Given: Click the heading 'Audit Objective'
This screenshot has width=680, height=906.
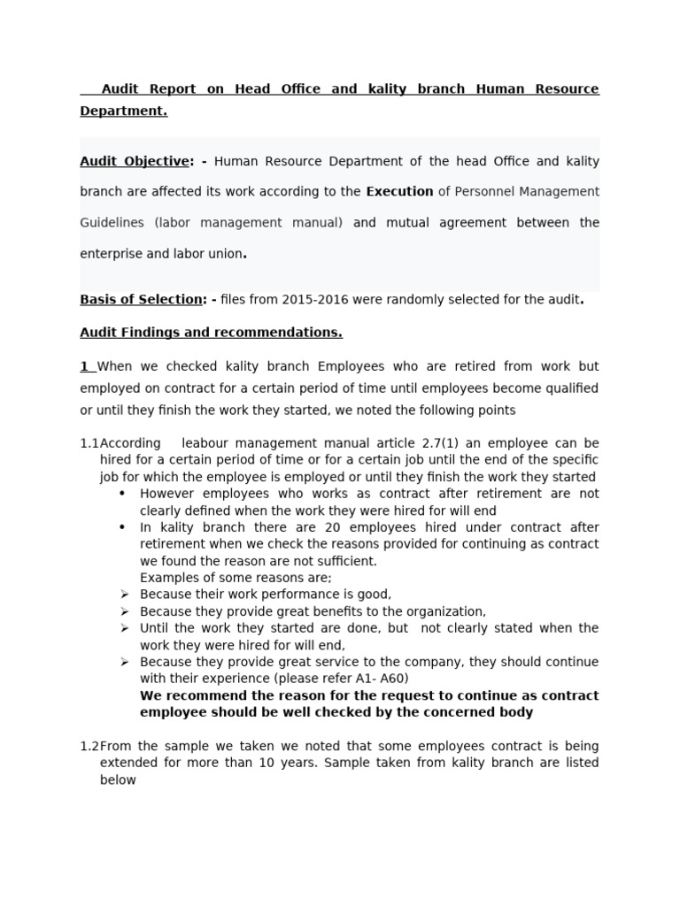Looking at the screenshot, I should coord(134,161).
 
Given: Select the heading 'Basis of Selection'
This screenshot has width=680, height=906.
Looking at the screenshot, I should coord(141,299).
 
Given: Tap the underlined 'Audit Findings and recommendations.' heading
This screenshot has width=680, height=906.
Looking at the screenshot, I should coord(211,333).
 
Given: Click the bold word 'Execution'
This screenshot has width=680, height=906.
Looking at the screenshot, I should coord(399,191).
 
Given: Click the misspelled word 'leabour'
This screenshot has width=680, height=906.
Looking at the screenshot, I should coord(205,442).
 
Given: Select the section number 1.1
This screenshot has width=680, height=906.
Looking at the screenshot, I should coord(89,442).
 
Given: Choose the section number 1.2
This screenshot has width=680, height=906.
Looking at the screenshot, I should coord(89,746).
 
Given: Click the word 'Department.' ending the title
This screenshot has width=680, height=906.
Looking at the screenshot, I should coord(123,111).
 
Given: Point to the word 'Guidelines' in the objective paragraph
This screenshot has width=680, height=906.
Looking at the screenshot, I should coord(112,222).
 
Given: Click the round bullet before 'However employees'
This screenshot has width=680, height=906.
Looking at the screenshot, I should coord(122,494).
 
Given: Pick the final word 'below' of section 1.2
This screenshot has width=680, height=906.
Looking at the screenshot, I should coord(118,779).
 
